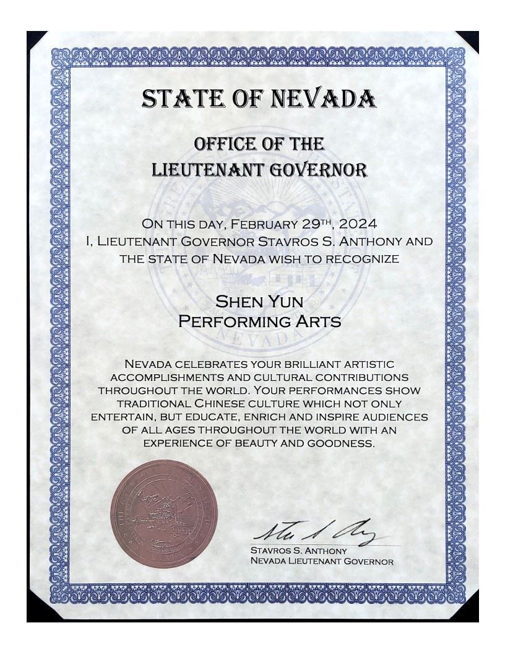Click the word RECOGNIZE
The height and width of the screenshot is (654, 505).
click(363, 258)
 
